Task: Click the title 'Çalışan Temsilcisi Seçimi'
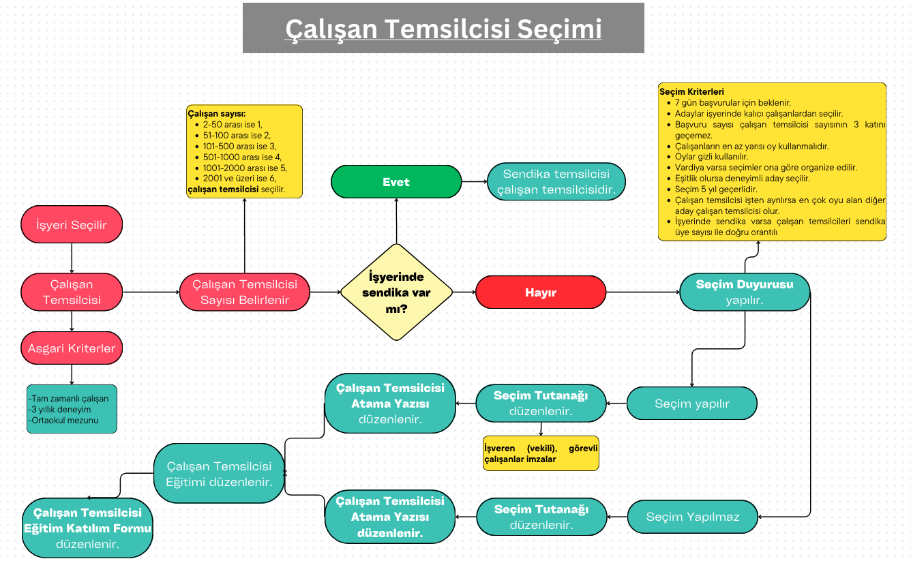[443, 29]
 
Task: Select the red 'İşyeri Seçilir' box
[72, 225]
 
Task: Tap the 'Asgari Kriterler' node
[72, 348]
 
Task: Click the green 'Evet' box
[396, 182]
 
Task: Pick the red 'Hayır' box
[541, 292]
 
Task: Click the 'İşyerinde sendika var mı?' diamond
[396, 292]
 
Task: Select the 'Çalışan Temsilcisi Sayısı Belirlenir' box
[245, 292]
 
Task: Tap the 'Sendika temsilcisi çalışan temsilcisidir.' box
[556, 182]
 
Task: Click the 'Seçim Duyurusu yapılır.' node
[745, 292]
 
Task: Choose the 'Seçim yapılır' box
[692, 404]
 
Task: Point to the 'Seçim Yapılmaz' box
[692, 517]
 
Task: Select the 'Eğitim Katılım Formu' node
[87, 528]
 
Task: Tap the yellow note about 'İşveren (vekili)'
[540, 453]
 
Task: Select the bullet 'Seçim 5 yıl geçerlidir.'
[716, 189]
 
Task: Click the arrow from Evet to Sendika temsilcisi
[474, 182]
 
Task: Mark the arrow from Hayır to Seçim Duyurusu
[642, 292]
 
